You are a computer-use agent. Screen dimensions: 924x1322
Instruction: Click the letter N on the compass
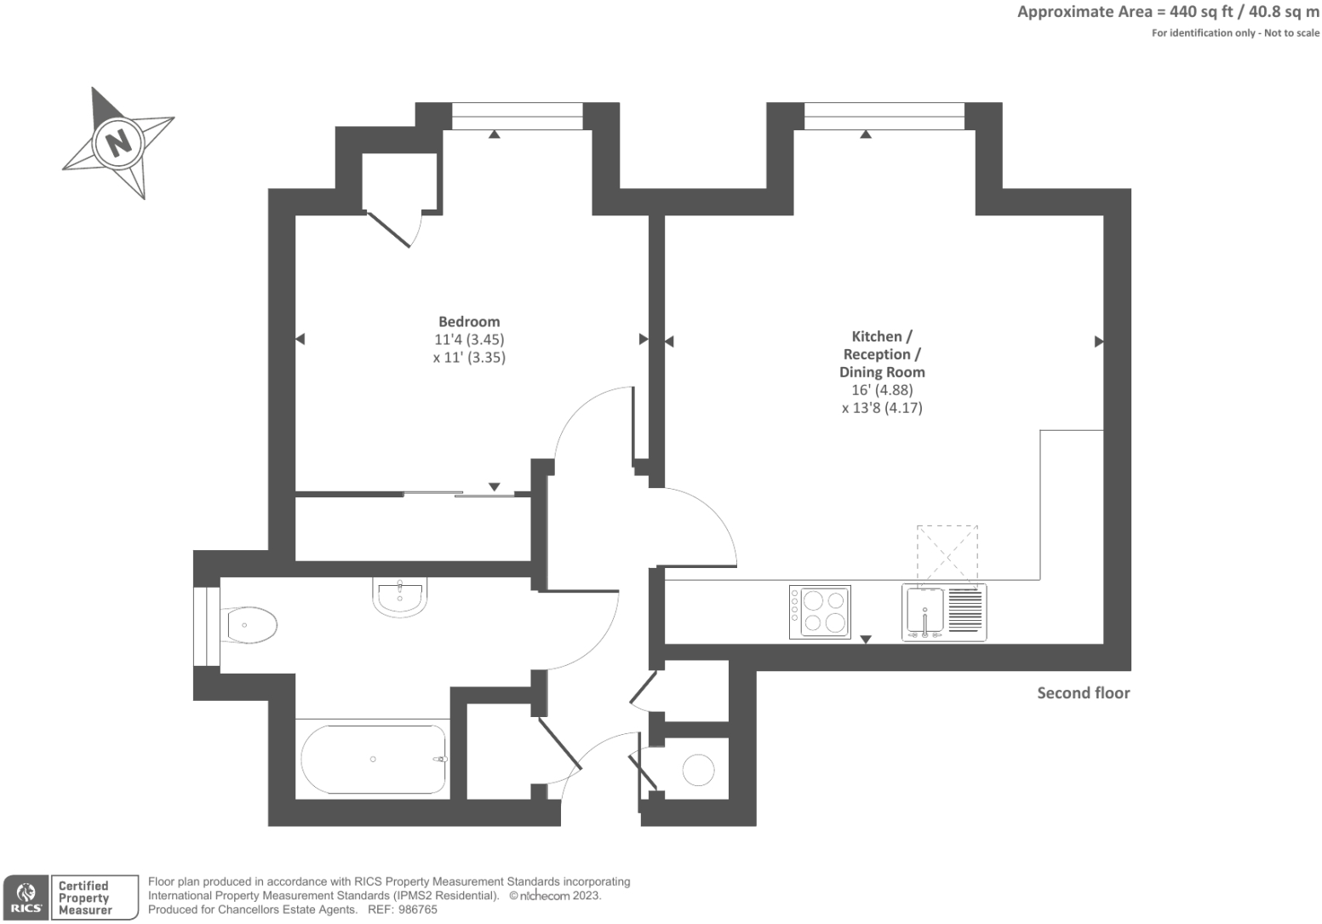pyautogui.click(x=118, y=141)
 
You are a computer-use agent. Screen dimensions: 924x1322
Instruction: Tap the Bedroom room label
pyautogui.click(x=469, y=321)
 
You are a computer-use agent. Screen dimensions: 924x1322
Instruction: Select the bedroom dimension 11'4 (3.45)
pyautogui.click(x=469, y=339)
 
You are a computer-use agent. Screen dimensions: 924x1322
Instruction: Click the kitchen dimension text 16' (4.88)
pyautogui.click(x=882, y=389)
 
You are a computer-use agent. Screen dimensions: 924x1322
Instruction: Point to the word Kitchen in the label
pyautogui.click(x=876, y=336)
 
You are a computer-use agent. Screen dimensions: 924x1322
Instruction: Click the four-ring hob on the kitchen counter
pyautogui.click(x=820, y=611)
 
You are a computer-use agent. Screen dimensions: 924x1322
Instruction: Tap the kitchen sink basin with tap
pyautogui.click(x=924, y=611)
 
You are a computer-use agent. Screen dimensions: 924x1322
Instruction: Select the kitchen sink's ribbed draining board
pyautogui.click(x=965, y=611)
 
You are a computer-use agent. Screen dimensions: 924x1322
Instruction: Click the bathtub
pyautogui.click(x=373, y=759)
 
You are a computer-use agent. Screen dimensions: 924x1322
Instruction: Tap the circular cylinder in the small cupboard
pyautogui.click(x=698, y=770)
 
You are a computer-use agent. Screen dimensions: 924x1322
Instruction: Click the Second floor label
pyautogui.click(x=1083, y=692)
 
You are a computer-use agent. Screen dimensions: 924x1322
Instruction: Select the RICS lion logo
pyautogui.click(x=26, y=897)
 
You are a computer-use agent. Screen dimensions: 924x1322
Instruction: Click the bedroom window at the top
pyautogui.click(x=517, y=116)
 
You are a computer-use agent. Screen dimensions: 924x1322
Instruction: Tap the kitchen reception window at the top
pyautogui.click(x=884, y=116)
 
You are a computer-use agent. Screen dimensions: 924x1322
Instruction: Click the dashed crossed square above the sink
pyautogui.click(x=947, y=553)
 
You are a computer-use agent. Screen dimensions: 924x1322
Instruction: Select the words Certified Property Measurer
pyautogui.click(x=84, y=898)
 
